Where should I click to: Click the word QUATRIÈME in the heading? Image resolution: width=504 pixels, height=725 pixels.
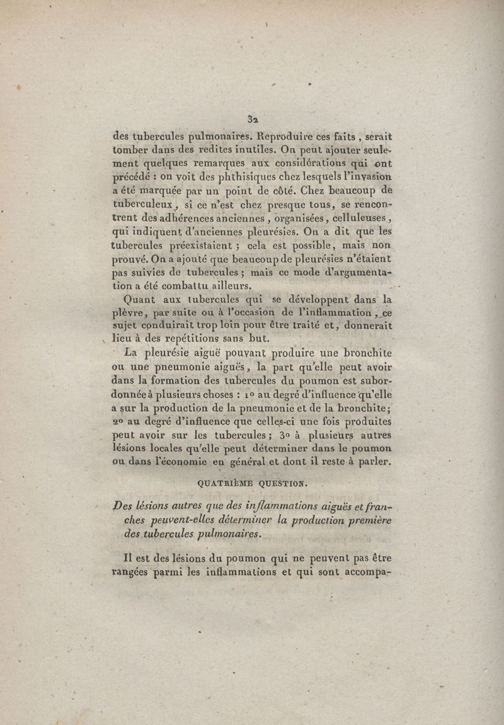221,484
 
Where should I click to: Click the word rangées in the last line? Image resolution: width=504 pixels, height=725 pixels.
131,573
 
